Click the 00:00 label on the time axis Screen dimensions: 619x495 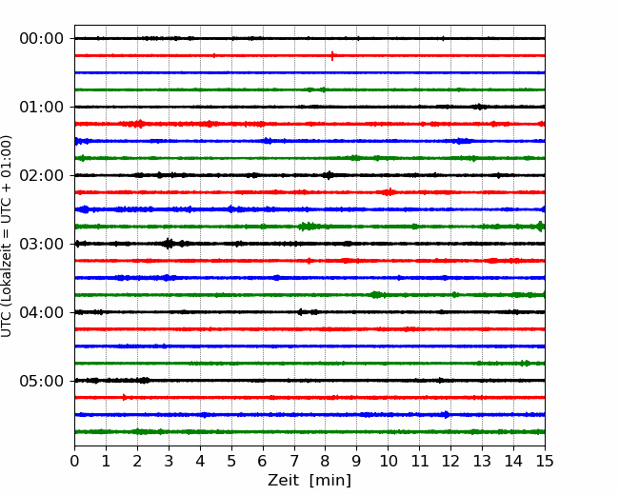point(42,39)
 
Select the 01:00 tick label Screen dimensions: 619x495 point(42,107)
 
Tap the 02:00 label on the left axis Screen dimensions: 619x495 point(42,175)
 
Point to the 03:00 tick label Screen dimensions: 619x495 point(42,244)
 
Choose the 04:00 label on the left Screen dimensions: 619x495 point(42,312)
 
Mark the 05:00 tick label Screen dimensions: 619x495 point(42,381)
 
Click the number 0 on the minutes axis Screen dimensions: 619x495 point(74,461)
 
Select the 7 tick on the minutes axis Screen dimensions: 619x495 point(294,461)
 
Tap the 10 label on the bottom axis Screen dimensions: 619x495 point(388,461)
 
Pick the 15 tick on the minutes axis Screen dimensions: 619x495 point(545,461)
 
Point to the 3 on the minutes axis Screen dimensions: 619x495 point(169,461)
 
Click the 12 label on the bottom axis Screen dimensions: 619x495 point(450,461)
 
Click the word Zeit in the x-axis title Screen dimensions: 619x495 point(283,481)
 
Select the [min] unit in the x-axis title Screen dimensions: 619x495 point(330,481)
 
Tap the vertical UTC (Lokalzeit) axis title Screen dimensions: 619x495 point(7,236)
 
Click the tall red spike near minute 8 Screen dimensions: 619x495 point(332,55)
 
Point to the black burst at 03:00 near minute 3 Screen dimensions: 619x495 point(169,244)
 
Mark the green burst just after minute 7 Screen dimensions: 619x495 point(309,227)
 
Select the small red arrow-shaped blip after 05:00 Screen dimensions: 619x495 point(125,397)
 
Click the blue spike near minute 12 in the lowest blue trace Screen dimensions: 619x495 point(447,414)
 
